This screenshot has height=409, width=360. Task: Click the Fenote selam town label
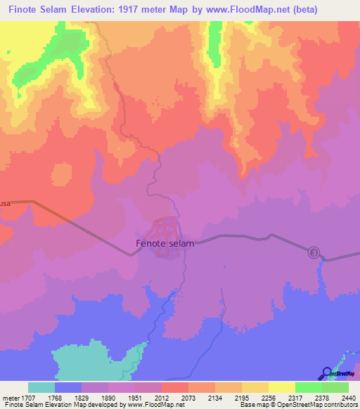(164, 244)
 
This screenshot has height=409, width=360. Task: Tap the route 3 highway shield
(314, 252)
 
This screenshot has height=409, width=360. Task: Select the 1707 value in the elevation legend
(29, 397)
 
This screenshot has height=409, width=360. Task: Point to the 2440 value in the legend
(348, 397)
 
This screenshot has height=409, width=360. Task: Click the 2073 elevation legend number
(188, 397)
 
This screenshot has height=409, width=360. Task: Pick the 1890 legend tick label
(109, 397)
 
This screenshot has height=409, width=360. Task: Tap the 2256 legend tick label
(268, 397)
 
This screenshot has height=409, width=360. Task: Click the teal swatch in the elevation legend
(41, 387)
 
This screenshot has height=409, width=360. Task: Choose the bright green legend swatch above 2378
(308, 387)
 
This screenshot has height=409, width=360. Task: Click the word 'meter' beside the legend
(11, 397)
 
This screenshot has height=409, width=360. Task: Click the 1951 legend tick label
(136, 397)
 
